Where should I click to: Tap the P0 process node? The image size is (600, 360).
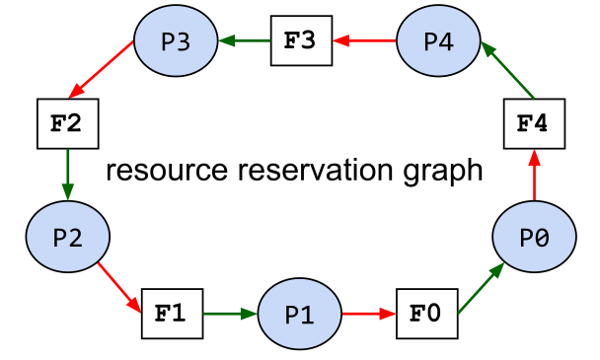534,237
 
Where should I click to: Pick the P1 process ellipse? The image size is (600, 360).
299,315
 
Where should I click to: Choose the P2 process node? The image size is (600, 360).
67,237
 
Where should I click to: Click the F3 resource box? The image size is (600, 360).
300,41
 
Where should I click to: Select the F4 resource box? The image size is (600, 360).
534,124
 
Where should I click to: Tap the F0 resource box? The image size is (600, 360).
425,315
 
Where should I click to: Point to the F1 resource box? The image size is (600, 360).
172,315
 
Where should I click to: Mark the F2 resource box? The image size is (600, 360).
67,124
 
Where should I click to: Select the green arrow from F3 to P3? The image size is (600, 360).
244,41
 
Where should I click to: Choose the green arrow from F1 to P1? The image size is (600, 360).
230,315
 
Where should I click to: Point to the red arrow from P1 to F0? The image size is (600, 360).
368,315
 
